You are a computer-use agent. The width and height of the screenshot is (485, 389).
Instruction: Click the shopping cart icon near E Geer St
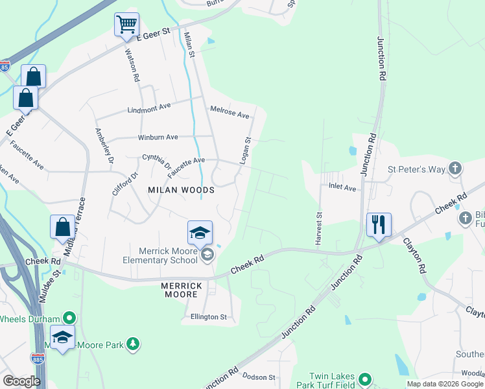[x=126, y=25]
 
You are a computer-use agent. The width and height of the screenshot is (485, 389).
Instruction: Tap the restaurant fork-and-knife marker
[x=379, y=225]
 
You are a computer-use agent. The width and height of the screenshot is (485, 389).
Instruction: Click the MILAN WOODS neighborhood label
[x=181, y=190]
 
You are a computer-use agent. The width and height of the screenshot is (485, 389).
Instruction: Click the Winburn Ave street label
[x=158, y=137]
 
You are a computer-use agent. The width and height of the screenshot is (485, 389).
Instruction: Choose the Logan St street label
[x=246, y=150]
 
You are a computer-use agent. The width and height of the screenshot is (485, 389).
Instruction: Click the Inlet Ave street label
[x=343, y=188]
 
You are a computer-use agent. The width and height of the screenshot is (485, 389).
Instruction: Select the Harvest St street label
[x=319, y=228]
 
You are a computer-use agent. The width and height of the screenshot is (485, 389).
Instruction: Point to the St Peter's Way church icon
[x=455, y=169]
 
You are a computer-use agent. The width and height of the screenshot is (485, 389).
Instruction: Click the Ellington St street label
[x=208, y=317]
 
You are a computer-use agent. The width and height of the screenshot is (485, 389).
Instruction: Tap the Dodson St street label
[x=259, y=377]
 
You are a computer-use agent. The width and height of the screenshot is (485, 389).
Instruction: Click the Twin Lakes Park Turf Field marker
[x=365, y=380]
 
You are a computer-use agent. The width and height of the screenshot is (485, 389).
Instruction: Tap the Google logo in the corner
[x=21, y=381]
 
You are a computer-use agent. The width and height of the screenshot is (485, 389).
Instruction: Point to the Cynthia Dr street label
[x=157, y=161]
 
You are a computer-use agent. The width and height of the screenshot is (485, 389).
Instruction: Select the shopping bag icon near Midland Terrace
[x=62, y=228]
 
